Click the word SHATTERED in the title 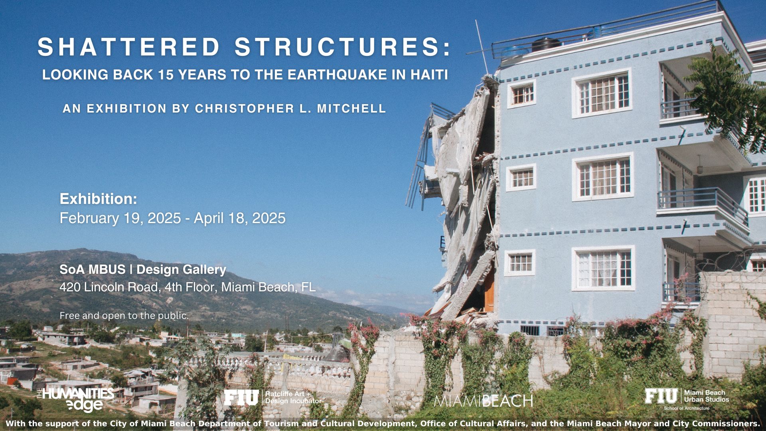pos(129,47)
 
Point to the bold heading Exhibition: pos(99,199)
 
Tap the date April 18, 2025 pos(240,218)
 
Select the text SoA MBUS pos(93,270)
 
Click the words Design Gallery pos(181,270)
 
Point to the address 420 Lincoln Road pos(109,287)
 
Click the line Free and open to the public pos(124,316)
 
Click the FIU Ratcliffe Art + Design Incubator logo pos(272,398)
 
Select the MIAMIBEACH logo pos(483,401)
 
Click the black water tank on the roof pos(546,45)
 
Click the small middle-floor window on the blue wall pos(521,178)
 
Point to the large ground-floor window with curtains pos(603,268)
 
